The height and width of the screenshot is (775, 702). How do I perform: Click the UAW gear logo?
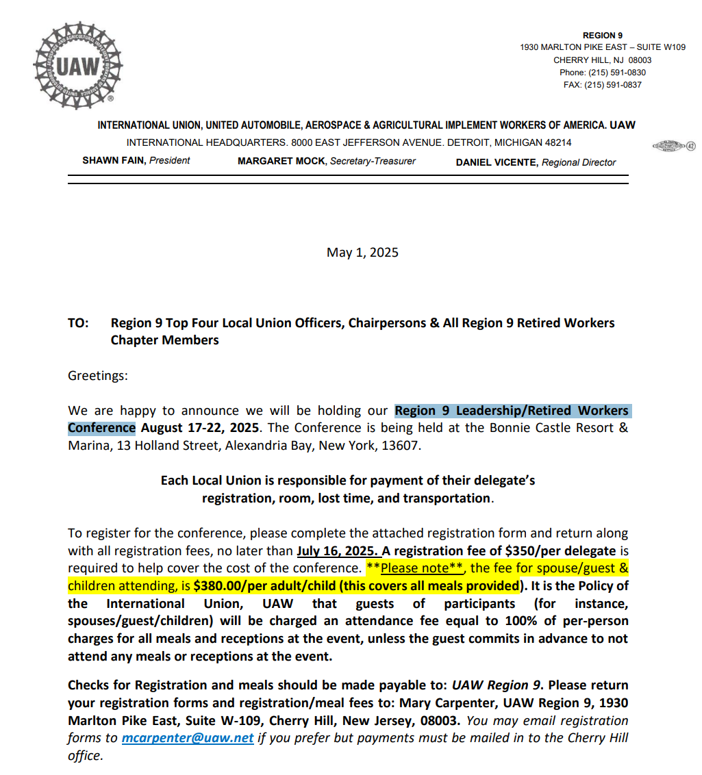(77, 66)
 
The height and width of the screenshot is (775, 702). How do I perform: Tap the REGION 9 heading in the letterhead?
(603, 36)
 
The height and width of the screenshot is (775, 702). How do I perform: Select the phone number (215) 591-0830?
(616, 73)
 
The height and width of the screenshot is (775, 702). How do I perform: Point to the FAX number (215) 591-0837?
(616, 85)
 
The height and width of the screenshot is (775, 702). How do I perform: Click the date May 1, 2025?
(362, 253)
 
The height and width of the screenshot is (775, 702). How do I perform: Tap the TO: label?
(78, 323)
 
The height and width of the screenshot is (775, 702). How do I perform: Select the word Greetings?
(97, 376)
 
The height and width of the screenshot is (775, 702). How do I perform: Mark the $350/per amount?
(527, 550)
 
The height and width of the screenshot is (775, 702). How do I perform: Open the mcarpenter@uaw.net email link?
(188, 738)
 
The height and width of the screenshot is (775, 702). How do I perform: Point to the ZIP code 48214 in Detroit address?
(555, 143)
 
